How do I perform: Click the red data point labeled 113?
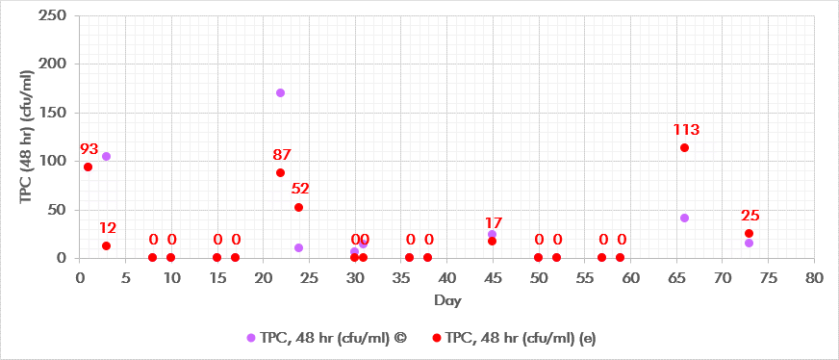click(684, 147)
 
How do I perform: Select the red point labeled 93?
click(88, 167)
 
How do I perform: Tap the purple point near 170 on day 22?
click(280, 92)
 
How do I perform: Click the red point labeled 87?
click(280, 172)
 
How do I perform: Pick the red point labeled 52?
click(298, 207)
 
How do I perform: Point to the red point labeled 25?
click(749, 233)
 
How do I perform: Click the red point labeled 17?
click(492, 241)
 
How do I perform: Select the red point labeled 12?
click(106, 245)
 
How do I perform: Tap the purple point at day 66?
click(684, 218)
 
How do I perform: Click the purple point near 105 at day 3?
click(106, 156)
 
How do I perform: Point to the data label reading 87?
click(282, 154)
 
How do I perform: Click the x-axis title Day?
click(446, 300)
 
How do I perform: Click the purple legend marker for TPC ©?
click(251, 337)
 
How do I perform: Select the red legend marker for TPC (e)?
click(438, 337)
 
